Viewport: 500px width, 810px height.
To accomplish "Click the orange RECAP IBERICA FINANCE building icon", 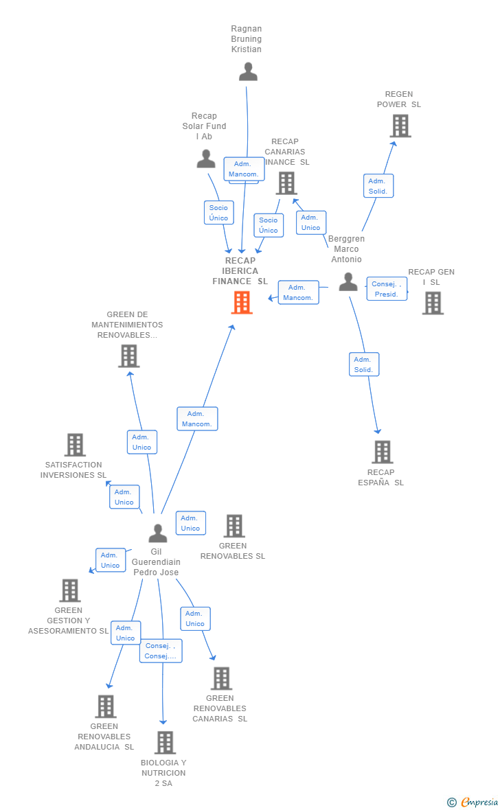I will point(242,302).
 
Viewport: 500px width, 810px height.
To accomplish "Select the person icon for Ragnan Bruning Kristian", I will point(248,71).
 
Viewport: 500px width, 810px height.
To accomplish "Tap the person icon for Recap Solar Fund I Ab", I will point(206,159).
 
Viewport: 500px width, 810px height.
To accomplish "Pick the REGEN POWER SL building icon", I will point(400,126).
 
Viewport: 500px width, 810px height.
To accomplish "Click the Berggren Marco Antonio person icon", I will point(348,281).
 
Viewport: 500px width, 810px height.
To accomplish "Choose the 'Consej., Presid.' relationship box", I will point(387,288).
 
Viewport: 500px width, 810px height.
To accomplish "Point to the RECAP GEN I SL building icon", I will point(433,303).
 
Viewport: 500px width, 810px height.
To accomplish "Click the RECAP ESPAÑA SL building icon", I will point(383,452).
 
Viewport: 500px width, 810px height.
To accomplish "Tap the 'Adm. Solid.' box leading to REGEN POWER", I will point(378,186).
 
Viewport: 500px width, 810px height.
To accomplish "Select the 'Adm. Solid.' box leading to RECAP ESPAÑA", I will point(363,364).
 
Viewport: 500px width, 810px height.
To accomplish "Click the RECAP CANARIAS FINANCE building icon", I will point(286,183).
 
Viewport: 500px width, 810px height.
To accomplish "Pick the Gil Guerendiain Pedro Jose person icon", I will point(158,533).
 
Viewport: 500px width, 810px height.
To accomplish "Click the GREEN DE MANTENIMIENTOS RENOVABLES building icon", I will point(128,356).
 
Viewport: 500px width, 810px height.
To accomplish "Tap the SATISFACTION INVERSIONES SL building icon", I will point(75,445).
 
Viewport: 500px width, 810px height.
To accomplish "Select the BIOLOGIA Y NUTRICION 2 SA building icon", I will point(165,742).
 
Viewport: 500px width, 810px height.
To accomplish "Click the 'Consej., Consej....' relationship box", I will point(161,651).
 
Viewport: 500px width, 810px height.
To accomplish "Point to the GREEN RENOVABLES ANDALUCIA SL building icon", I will point(105,706).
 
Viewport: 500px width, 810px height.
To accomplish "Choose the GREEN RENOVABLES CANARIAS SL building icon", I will point(221,678).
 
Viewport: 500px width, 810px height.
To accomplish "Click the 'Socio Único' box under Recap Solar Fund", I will point(218,213).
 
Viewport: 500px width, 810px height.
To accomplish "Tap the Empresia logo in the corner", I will point(474,802).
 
